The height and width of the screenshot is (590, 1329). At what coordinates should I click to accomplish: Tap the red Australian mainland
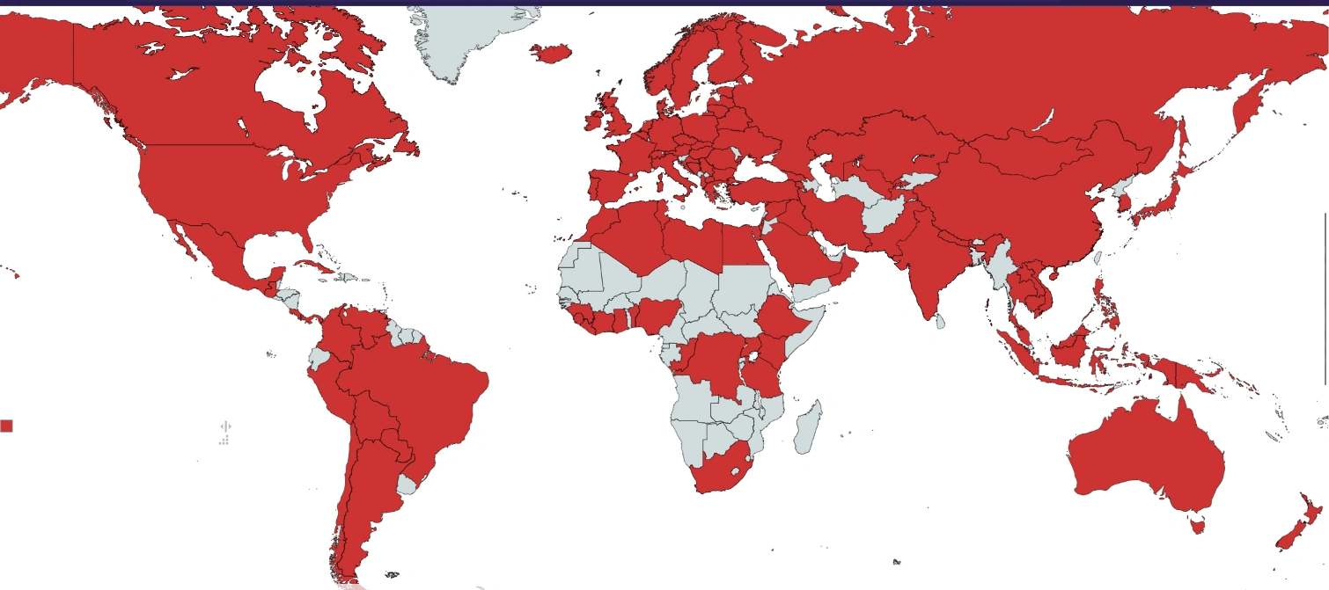1144,457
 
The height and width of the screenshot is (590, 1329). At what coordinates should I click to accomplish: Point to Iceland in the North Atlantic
549,55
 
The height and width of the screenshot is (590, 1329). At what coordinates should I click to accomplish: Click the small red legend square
6,426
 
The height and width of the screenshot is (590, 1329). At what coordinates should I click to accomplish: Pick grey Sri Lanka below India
940,322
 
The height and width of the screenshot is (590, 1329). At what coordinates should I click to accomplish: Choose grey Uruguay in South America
407,484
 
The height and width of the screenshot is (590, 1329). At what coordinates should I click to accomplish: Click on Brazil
422,396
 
